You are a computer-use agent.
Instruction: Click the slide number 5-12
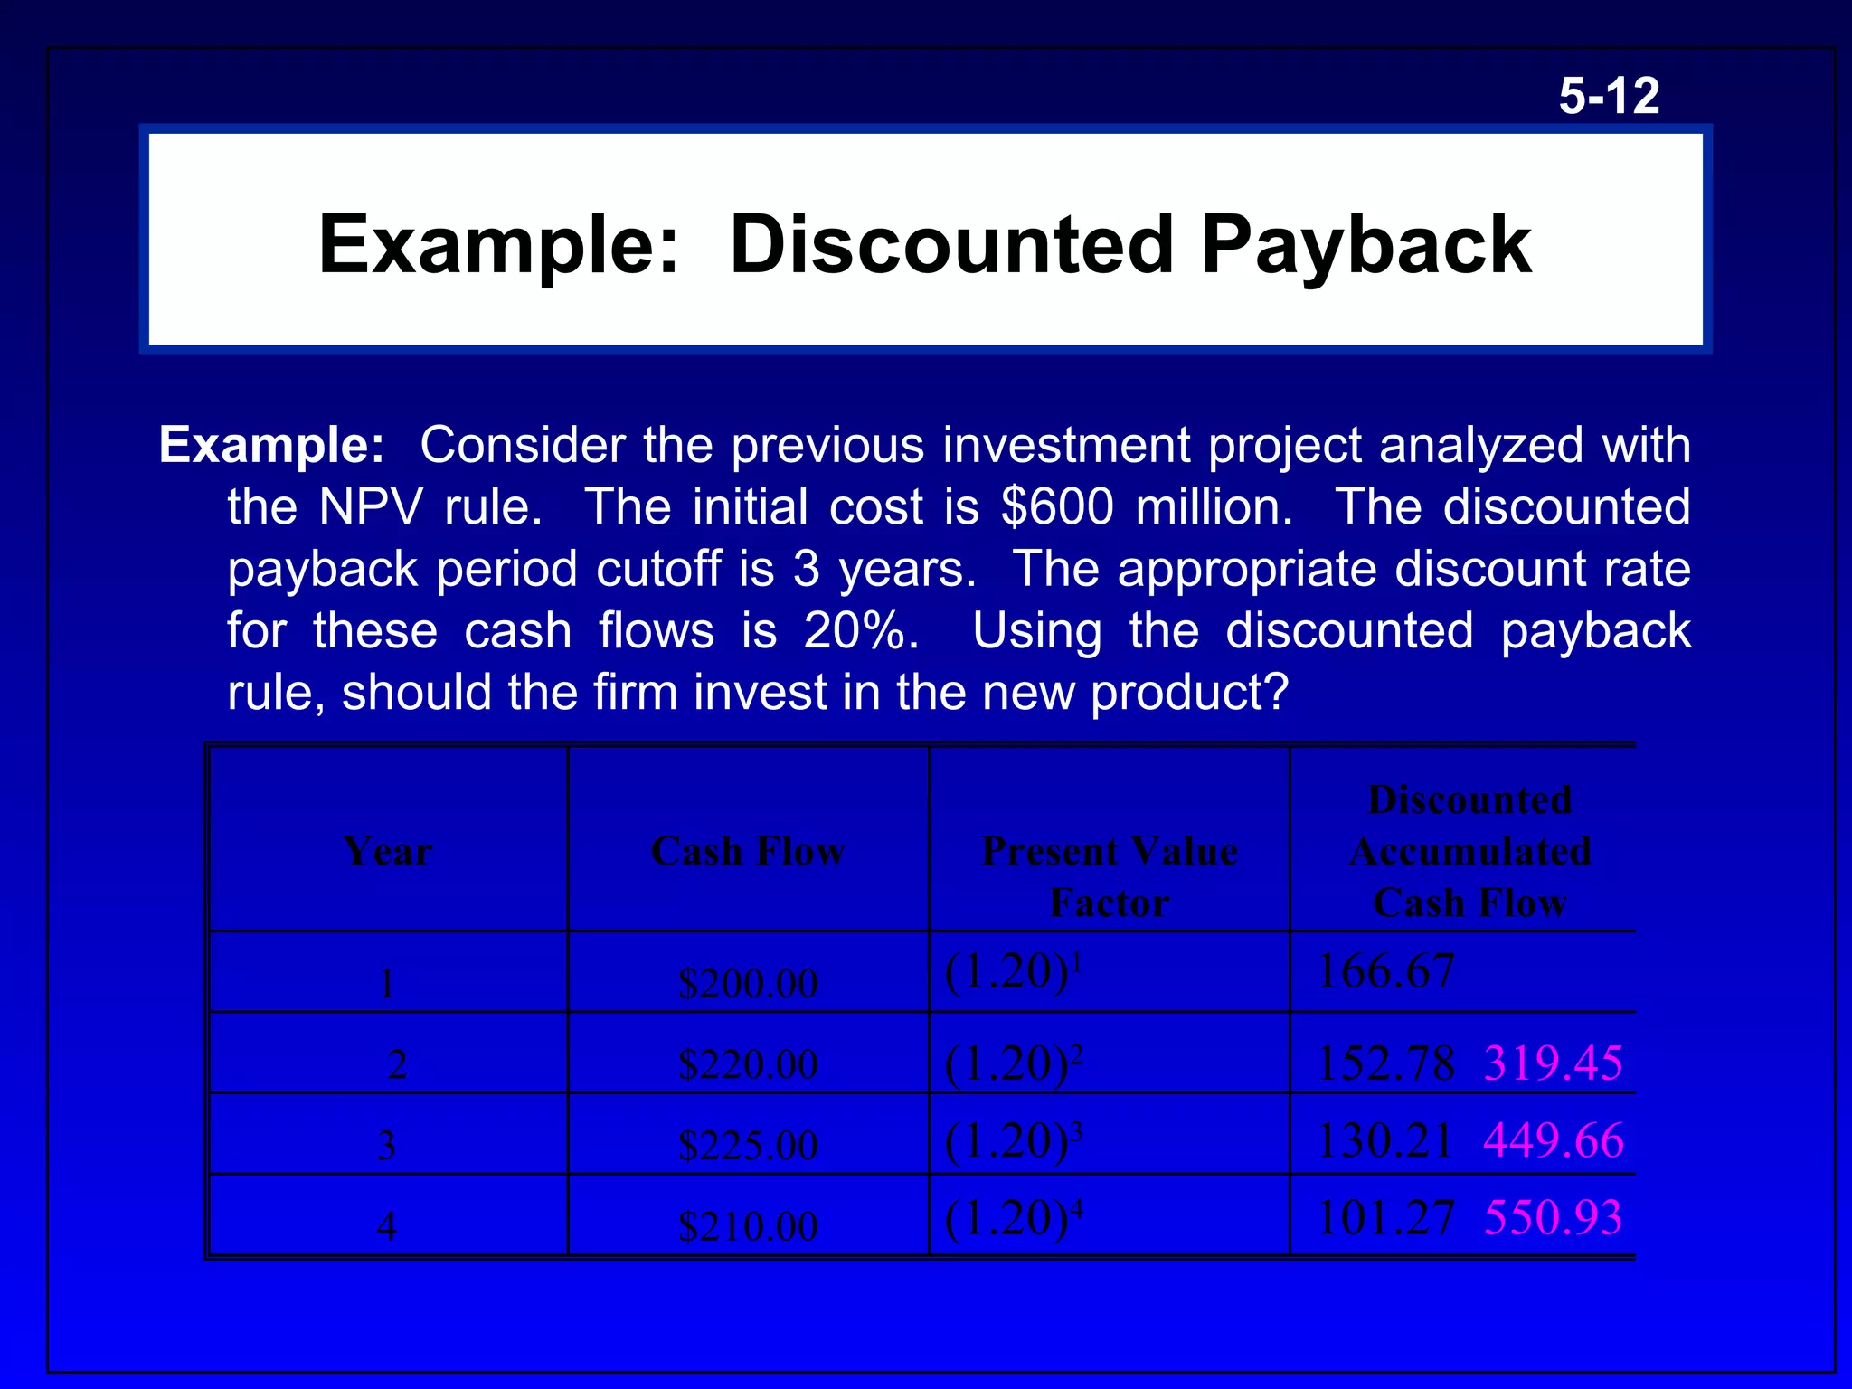(1609, 96)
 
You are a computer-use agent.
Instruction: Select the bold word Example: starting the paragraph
(271, 445)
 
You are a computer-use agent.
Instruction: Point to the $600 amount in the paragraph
(1057, 506)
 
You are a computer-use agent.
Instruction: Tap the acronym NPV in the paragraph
(371, 506)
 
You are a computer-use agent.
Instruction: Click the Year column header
(388, 851)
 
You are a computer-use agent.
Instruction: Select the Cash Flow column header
(748, 851)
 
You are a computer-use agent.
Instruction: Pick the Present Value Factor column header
(1110, 876)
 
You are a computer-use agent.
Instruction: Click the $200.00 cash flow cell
(748, 983)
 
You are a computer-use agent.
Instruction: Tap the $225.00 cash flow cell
(748, 1146)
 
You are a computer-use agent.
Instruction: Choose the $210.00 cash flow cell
(748, 1226)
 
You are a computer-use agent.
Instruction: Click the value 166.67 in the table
(1385, 972)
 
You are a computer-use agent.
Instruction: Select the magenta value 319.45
(1553, 1063)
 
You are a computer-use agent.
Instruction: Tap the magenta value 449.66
(1553, 1140)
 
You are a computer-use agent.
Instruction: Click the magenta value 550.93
(1553, 1217)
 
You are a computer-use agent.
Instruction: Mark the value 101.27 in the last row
(1385, 1217)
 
